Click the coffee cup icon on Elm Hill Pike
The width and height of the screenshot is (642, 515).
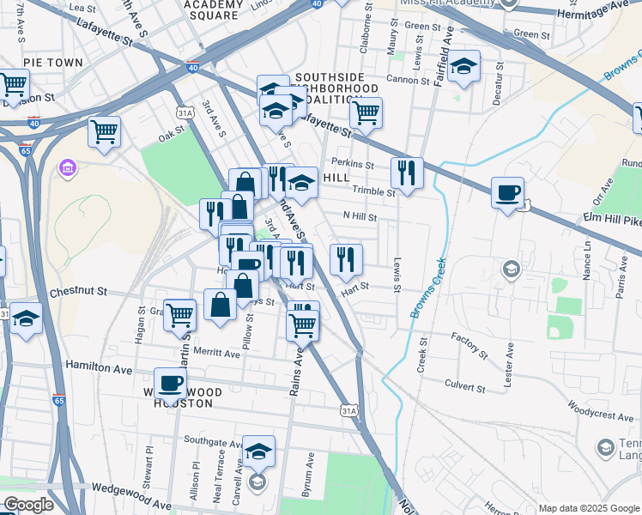click(x=507, y=191)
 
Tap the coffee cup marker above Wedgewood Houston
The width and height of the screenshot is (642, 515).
click(x=170, y=383)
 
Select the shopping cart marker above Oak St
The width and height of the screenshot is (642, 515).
click(x=104, y=131)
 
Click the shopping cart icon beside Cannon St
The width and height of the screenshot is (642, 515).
click(x=366, y=112)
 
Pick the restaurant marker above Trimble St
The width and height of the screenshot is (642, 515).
click(x=405, y=172)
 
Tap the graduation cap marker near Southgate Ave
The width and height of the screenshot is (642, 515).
click(x=257, y=451)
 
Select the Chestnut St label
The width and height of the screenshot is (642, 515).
click(x=78, y=292)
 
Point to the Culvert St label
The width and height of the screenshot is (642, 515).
click(x=464, y=387)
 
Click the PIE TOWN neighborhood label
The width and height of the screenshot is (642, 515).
click(x=53, y=63)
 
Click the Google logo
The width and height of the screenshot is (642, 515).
click(x=28, y=505)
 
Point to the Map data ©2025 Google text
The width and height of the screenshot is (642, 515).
click(x=588, y=508)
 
